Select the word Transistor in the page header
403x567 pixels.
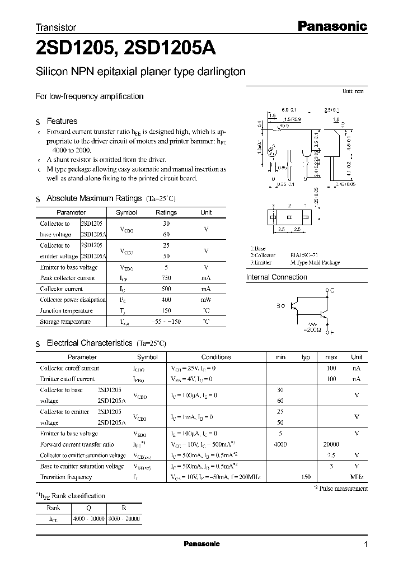[56, 27]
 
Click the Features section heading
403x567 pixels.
[62, 121]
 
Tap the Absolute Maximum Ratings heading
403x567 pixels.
[93, 198]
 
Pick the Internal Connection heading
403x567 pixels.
[277, 277]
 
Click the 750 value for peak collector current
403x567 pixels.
[166, 278]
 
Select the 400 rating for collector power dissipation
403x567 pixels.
[166, 300]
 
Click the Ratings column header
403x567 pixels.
[166, 212]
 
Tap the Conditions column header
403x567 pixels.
[216, 357]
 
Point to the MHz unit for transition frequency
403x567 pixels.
[357, 477]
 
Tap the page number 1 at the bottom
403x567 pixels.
[365, 544]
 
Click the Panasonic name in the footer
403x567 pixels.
[202, 544]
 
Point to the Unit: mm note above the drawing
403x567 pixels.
[353, 91]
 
